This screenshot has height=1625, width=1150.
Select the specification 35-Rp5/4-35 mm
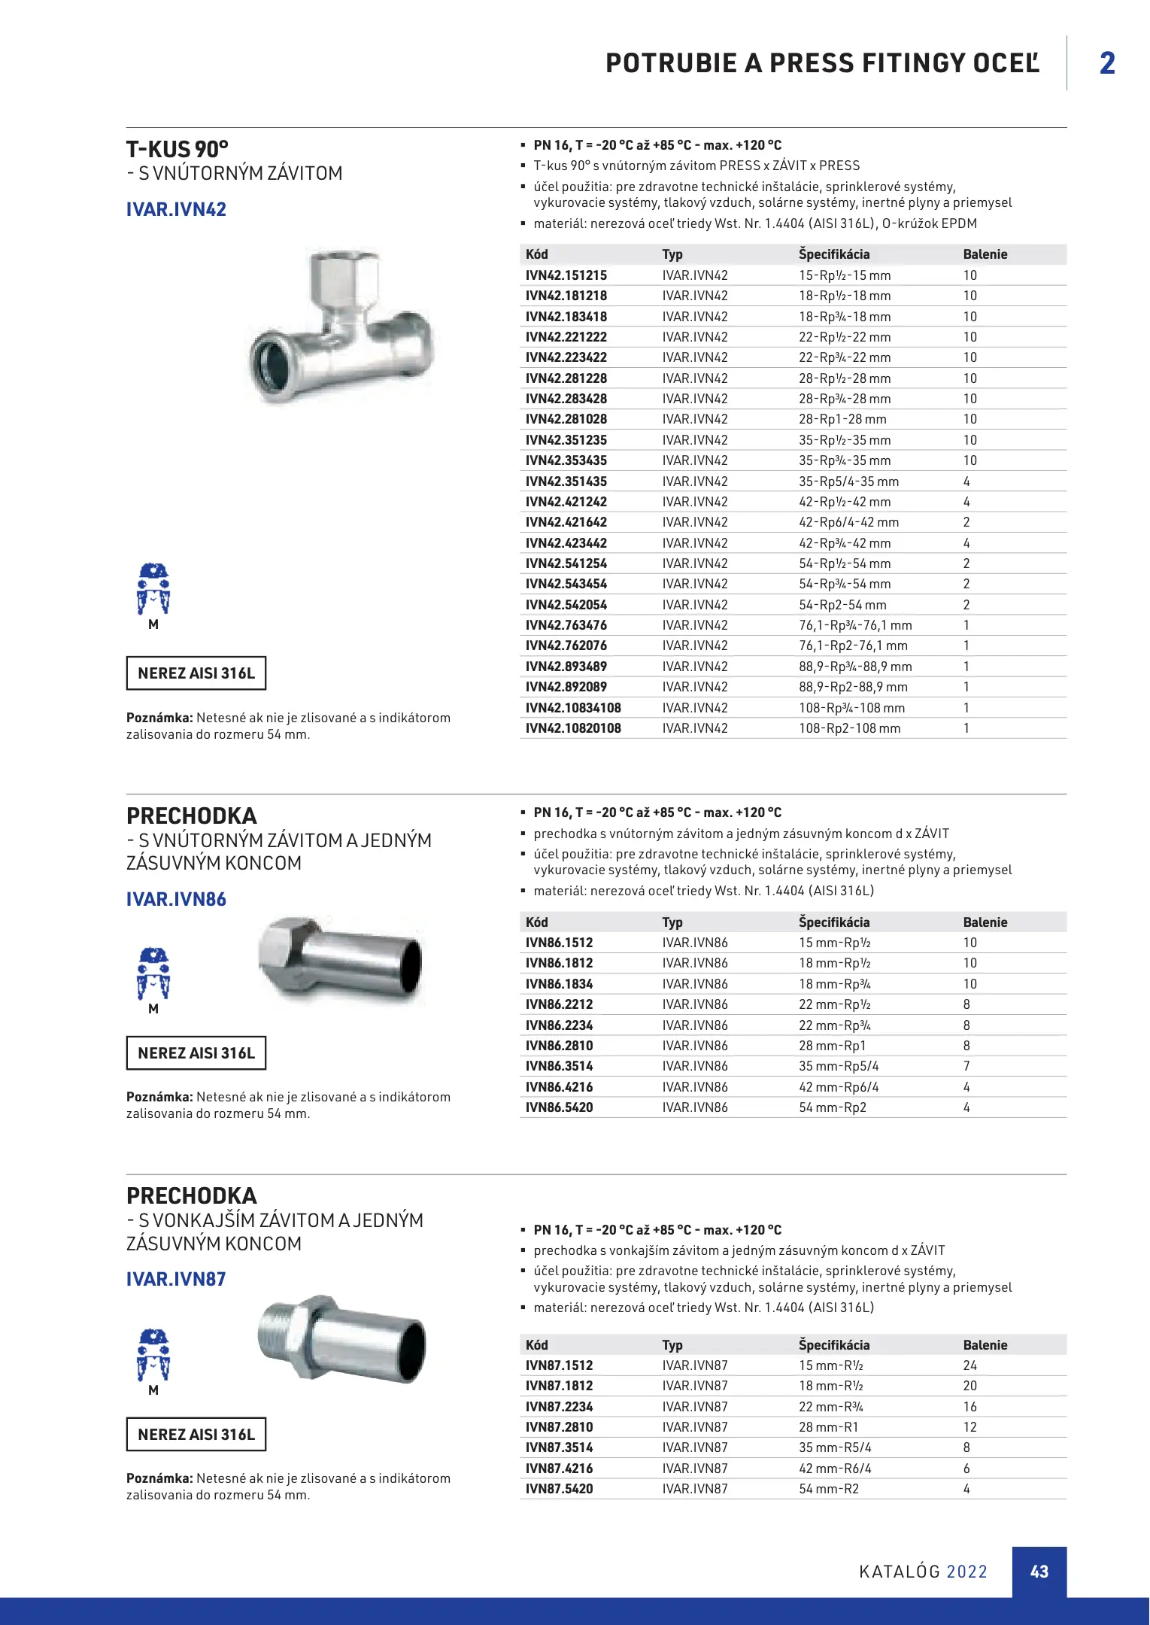848,481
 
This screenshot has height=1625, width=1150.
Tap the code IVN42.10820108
573,728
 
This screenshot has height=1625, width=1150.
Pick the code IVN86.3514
559,1066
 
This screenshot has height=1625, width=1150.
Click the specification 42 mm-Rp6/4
839,1087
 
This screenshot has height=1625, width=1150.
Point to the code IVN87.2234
559,1407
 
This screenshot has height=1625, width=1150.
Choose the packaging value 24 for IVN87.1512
970,1365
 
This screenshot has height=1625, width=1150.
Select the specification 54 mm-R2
828,1489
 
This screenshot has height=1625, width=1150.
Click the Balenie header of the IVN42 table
985,254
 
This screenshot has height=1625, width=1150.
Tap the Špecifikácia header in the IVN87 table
833,1345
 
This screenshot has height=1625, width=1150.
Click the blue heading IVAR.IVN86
176,899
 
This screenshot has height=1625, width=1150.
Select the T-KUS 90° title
178,149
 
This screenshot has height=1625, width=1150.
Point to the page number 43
1039,1572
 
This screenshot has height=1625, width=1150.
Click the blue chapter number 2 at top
1107,63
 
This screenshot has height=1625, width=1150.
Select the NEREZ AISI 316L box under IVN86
196,1053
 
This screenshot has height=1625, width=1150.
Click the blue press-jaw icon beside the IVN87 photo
153,1356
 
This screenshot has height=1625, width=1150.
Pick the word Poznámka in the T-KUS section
159,718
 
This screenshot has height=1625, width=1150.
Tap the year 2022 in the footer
966,1572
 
